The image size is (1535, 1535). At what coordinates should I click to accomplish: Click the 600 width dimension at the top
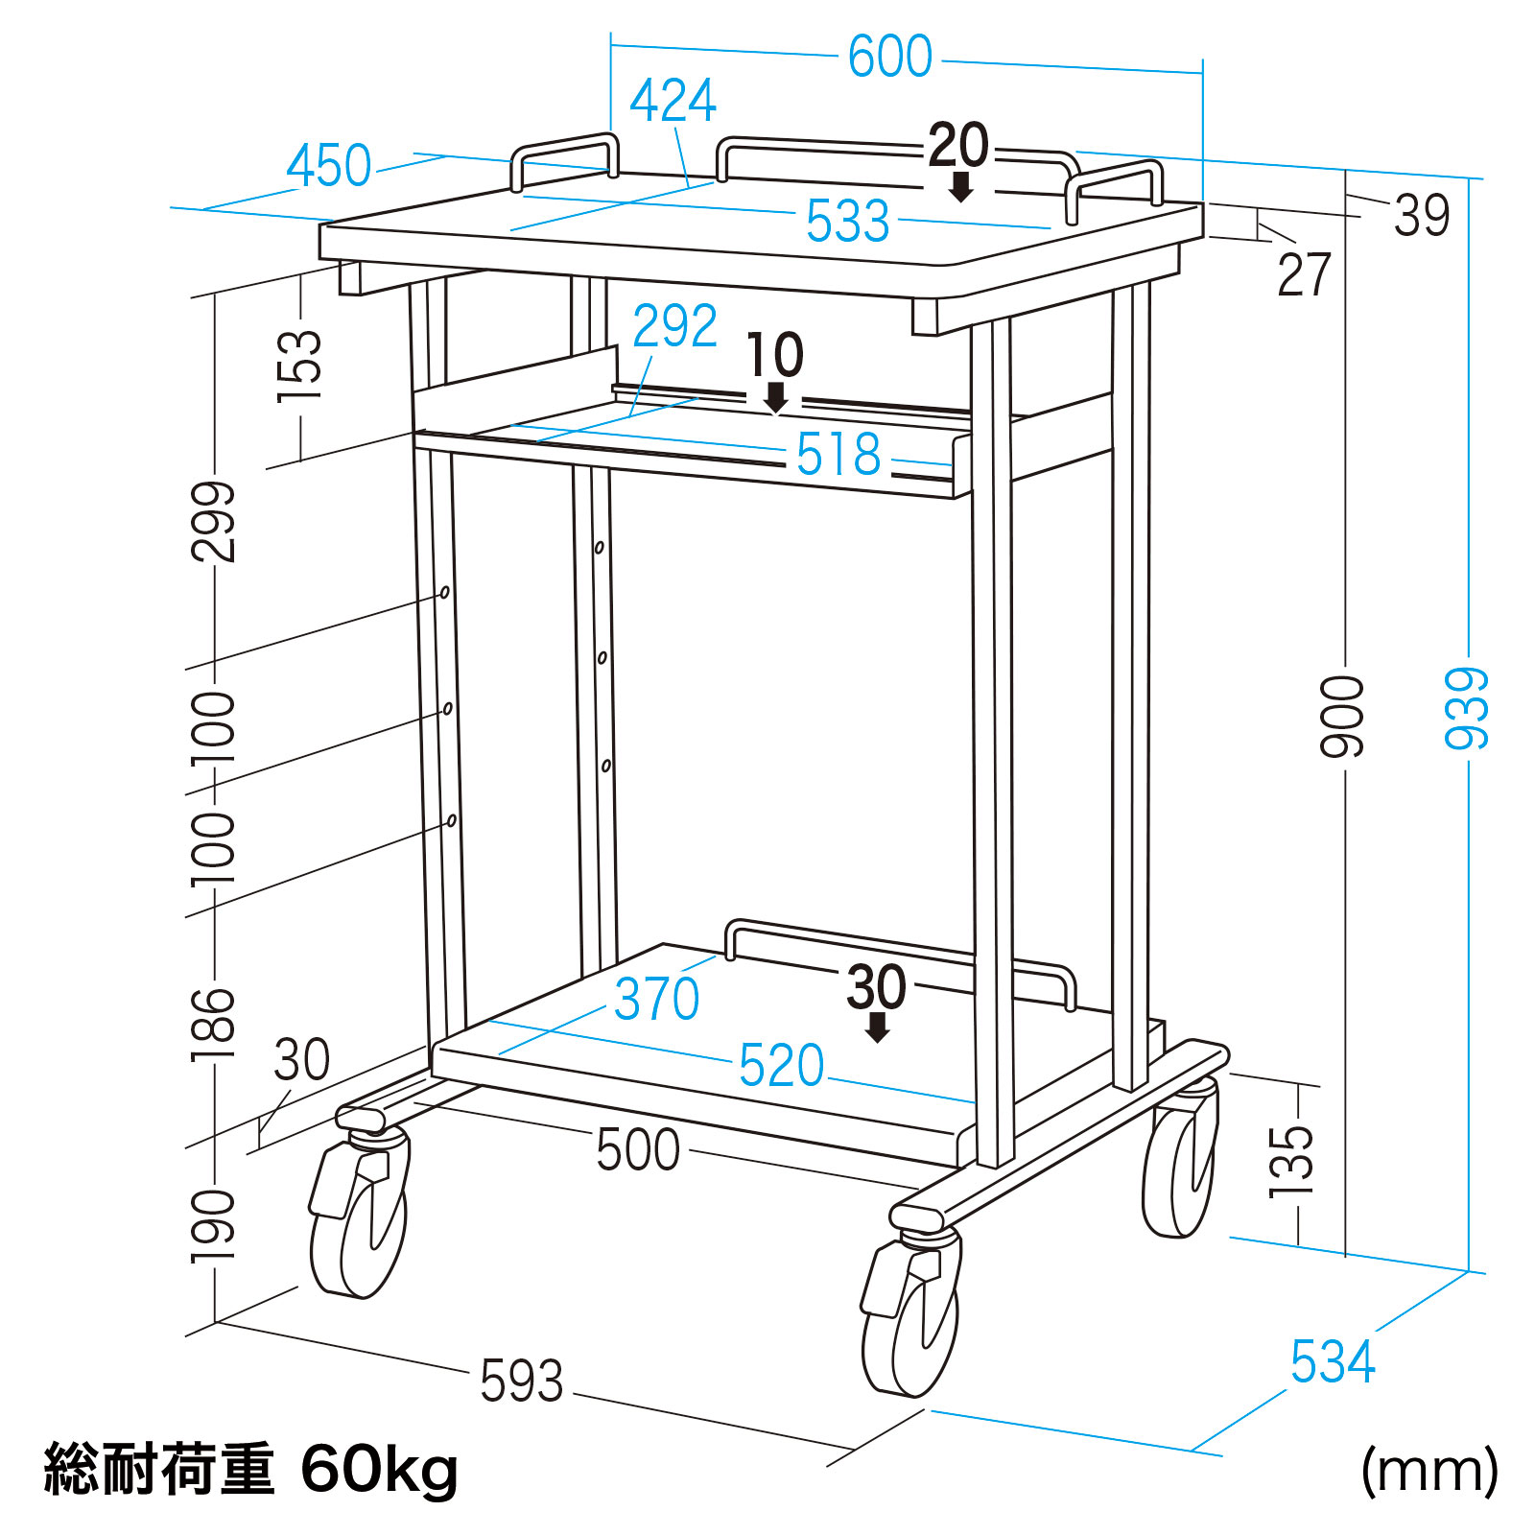click(x=889, y=57)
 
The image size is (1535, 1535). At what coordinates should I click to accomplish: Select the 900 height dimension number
click(x=1341, y=717)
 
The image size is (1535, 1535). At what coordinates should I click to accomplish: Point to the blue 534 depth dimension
click(x=1333, y=1361)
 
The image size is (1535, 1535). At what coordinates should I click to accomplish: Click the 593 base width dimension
click(x=521, y=1381)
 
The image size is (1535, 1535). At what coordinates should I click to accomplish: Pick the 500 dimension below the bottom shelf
click(x=638, y=1148)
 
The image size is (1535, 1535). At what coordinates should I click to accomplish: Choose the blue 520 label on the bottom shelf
click(x=781, y=1065)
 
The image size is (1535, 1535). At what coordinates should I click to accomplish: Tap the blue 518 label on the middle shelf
click(x=838, y=454)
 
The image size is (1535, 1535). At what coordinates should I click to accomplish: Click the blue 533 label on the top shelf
click(x=848, y=222)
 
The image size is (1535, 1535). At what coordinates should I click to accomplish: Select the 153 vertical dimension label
click(x=298, y=365)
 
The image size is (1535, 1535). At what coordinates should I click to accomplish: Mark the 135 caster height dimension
click(x=1290, y=1161)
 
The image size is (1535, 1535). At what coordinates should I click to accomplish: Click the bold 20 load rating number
click(x=958, y=146)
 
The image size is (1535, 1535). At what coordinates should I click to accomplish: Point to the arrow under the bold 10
click(x=775, y=397)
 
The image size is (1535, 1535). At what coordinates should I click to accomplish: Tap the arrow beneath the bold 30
click(x=877, y=1027)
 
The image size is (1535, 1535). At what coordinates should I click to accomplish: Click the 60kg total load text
click(x=379, y=1469)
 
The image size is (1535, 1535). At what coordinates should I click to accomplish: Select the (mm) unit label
click(x=1429, y=1471)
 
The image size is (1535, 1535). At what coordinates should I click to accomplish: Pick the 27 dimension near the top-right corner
click(x=1304, y=275)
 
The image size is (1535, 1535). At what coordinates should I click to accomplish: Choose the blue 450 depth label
click(x=329, y=166)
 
